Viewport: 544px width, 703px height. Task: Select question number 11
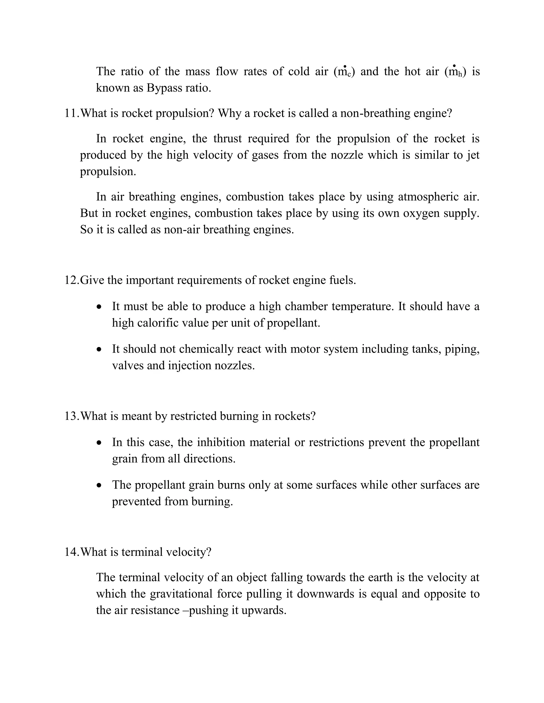(x=71, y=114)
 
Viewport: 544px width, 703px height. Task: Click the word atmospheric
(x=429, y=197)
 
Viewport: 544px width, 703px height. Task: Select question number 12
(x=71, y=280)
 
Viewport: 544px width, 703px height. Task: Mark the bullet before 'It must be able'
(x=100, y=307)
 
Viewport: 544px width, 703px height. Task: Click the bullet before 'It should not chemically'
(x=100, y=349)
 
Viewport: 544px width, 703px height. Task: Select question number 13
(x=71, y=416)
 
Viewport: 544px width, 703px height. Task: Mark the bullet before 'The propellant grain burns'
(x=100, y=485)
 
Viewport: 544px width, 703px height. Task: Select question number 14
(x=71, y=552)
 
